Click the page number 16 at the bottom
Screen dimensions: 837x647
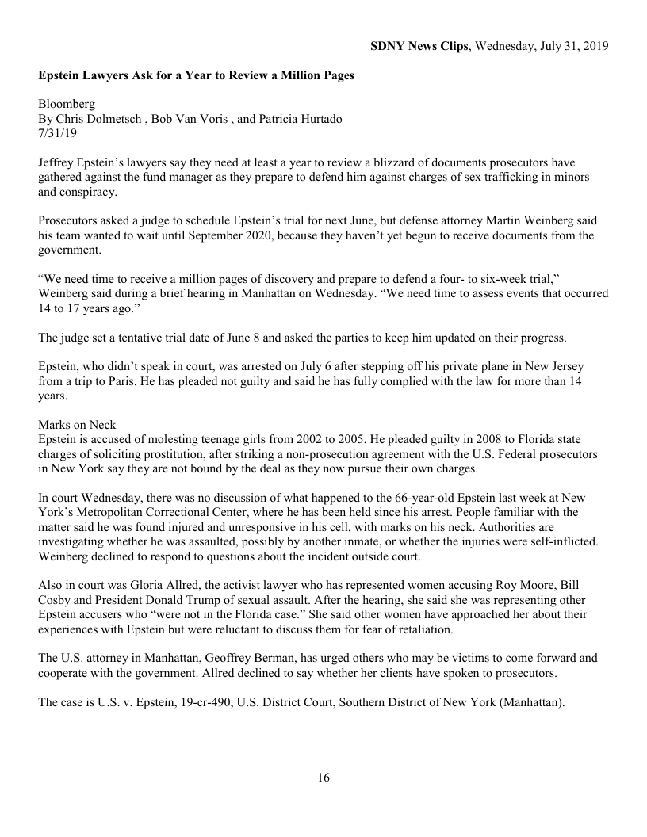323,778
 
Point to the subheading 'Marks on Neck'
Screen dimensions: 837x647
77,426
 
